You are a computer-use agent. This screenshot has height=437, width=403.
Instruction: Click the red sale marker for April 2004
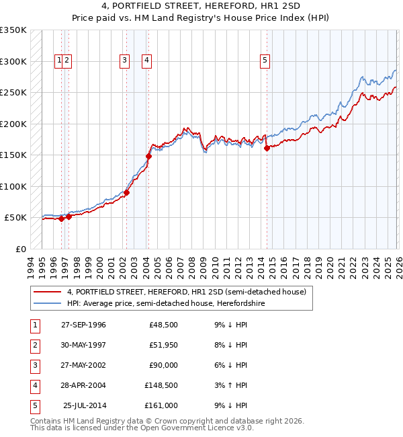[x=148, y=156]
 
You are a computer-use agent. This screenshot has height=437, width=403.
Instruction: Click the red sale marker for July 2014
[x=267, y=149]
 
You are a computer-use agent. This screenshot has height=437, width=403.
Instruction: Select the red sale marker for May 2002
[x=126, y=192]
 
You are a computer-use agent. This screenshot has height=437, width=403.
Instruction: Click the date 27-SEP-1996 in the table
[x=83, y=325]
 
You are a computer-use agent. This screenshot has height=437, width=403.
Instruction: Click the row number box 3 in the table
[x=34, y=365]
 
